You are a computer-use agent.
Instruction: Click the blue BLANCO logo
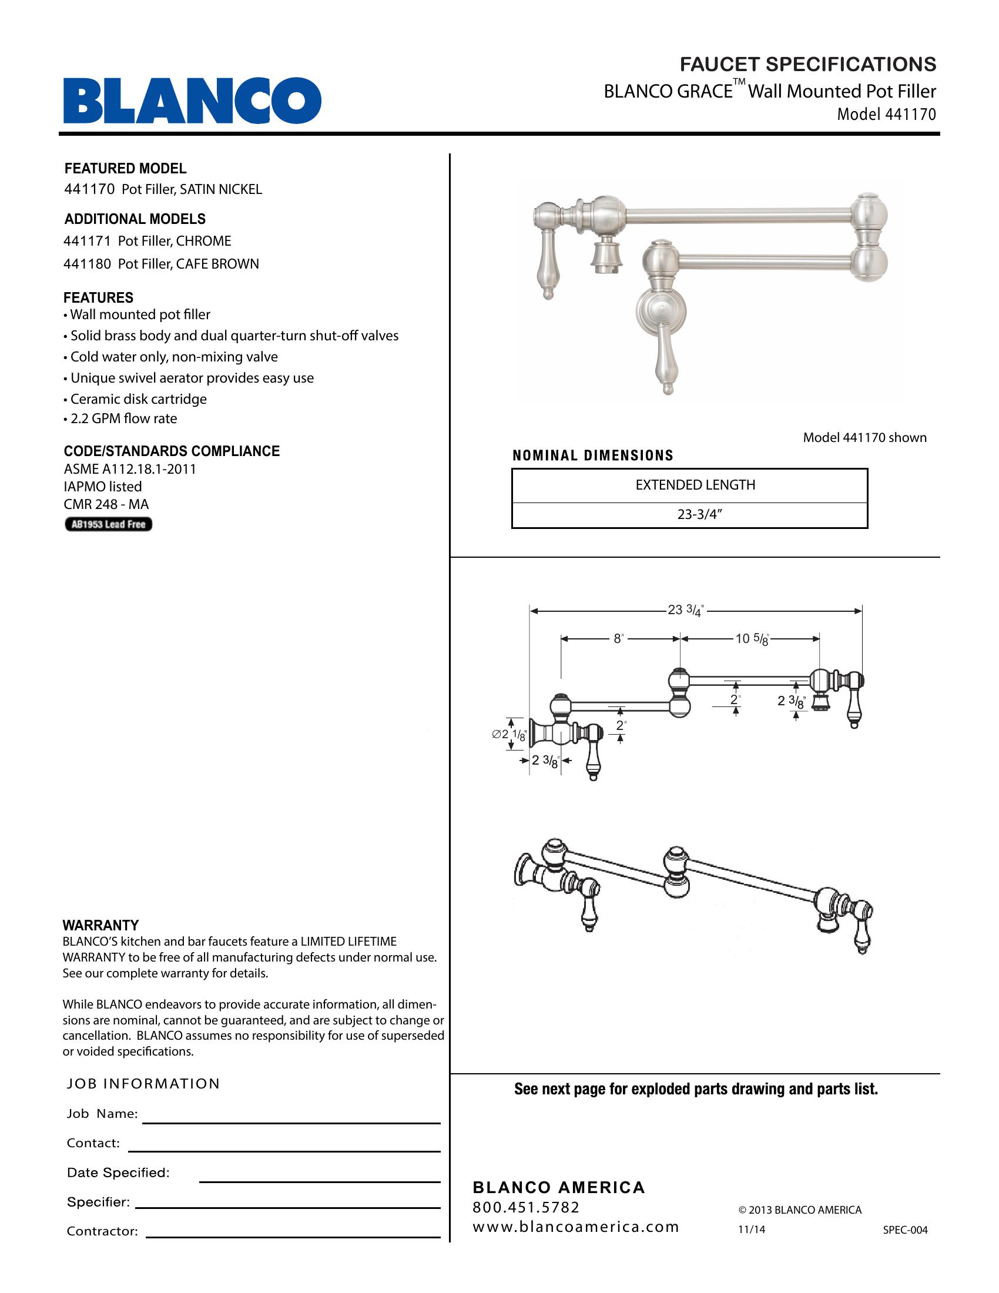click(192, 100)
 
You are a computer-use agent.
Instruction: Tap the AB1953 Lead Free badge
click(108, 524)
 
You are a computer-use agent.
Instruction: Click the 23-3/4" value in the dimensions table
click(699, 514)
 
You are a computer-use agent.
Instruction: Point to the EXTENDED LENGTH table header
click(695, 485)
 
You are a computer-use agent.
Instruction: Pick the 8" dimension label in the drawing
click(618, 639)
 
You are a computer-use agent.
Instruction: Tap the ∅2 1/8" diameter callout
click(509, 735)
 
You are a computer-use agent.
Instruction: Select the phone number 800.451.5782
click(525, 1207)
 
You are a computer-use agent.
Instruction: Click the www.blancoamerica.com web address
click(575, 1227)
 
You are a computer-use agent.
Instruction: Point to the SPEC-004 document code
click(905, 1230)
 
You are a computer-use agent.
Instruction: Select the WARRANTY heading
click(100, 925)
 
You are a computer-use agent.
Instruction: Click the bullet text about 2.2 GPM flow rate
click(123, 418)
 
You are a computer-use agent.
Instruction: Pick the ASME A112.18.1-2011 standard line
click(130, 469)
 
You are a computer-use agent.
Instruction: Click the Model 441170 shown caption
click(864, 437)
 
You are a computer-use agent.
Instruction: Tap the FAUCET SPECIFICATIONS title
click(807, 64)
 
